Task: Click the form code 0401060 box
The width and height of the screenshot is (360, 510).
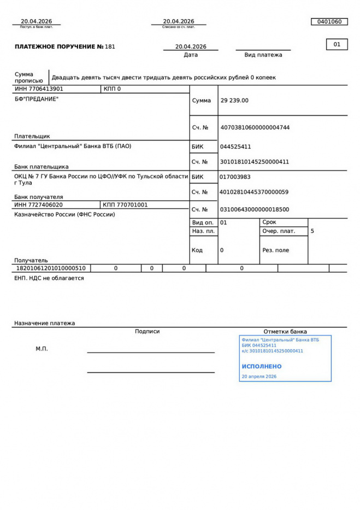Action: pos(329,22)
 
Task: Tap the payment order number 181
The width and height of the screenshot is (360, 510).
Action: pos(110,47)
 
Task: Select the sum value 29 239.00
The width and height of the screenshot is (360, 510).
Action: pos(234,101)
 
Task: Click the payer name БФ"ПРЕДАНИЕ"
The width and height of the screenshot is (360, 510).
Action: pos(36,99)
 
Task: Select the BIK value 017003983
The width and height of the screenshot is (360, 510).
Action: pos(235,177)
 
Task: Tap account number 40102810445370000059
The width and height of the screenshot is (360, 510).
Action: pos(254,192)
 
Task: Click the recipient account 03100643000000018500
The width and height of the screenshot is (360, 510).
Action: pos(254,209)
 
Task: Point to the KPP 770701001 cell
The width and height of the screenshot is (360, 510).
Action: pos(125,205)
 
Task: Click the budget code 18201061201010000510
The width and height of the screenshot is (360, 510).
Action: pos(51,268)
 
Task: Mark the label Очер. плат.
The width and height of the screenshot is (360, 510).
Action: pos(279,231)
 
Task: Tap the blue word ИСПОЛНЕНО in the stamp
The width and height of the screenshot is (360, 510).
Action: pos(262,366)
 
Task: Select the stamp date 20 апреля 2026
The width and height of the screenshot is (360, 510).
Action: pos(259,377)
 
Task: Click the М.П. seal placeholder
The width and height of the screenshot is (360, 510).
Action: pos(42,349)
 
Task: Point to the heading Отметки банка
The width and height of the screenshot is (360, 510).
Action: pos(285,331)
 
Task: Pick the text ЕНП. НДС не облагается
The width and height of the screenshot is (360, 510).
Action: pos(49,278)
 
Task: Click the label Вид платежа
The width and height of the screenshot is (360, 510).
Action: pos(263,55)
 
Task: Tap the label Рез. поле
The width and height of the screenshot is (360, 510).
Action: pos(276,250)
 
